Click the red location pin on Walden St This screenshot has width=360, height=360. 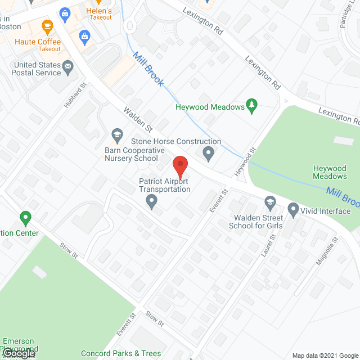179,166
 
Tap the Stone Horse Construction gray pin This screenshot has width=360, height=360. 209,153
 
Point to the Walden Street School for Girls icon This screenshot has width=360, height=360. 271,202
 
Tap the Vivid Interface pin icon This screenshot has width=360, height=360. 292,211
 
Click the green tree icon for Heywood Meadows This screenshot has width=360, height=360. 253,106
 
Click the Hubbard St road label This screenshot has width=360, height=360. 78,96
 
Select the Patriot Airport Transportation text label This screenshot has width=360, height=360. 165,185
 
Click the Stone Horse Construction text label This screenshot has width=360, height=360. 176,141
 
